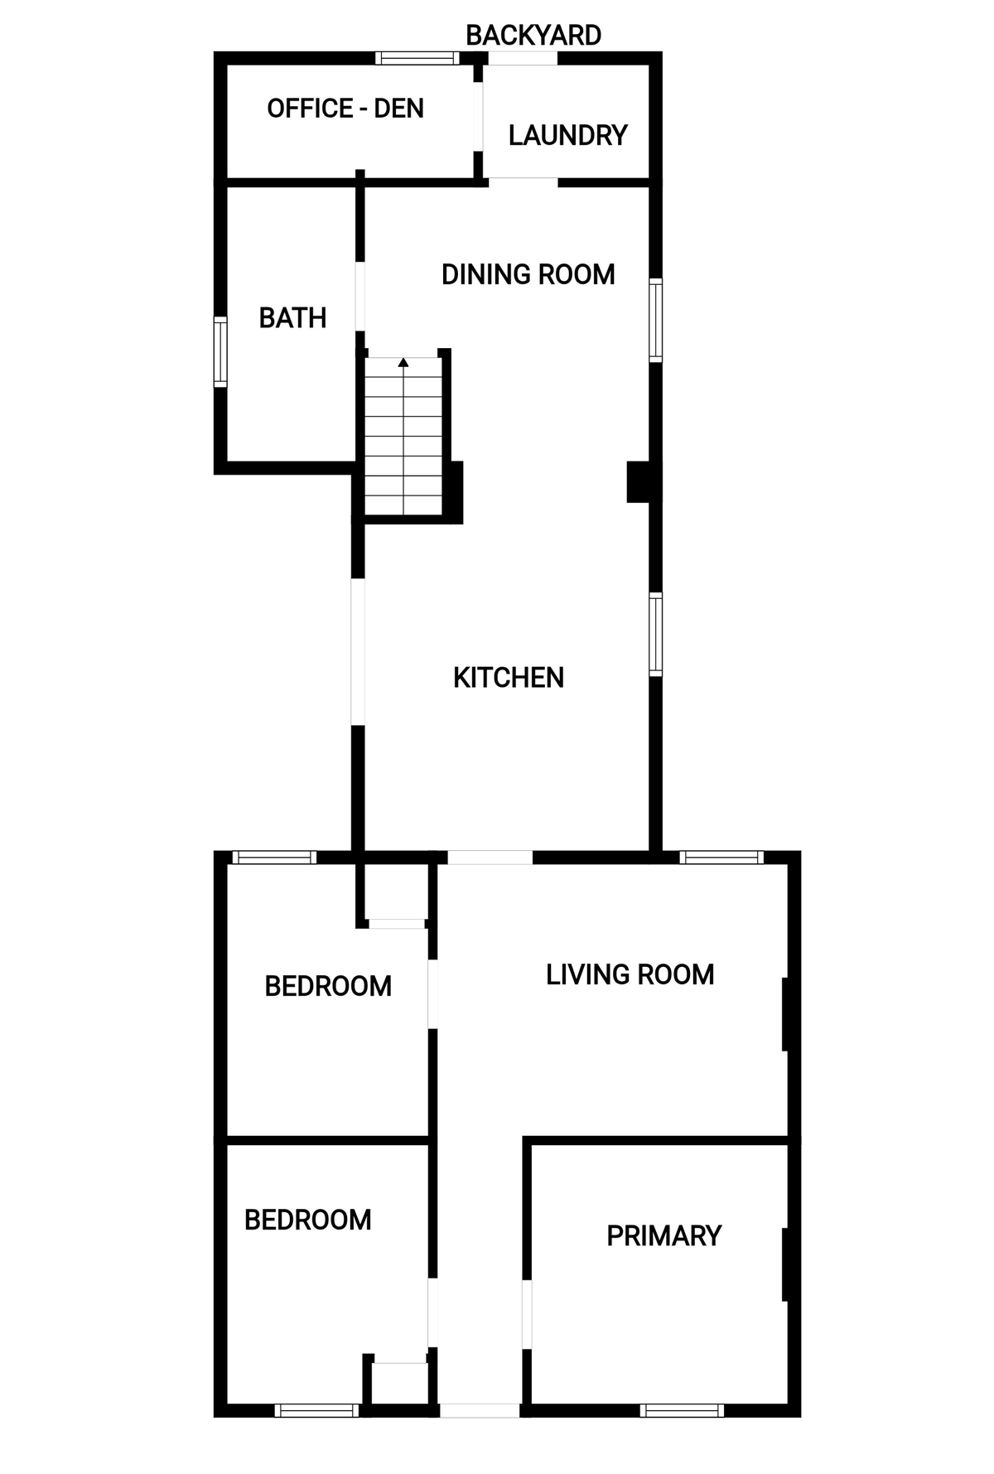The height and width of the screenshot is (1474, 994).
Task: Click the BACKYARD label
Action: [x=533, y=36]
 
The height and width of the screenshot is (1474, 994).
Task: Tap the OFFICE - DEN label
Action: [x=345, y=109]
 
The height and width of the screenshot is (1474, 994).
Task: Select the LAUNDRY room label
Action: [x=568, y=135]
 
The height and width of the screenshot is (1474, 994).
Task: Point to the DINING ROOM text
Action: [x=528, y=274]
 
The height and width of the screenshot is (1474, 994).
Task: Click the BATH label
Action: [x=292, y=318]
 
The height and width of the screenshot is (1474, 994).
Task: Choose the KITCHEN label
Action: [x=509, y=678]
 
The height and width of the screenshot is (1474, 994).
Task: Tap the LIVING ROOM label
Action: [x=630, y=974]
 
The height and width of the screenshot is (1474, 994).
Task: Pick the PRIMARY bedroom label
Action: [x=664, y=1236]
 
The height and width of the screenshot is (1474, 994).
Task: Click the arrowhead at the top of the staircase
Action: [x=403, y=362]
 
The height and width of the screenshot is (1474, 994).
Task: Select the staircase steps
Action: [x=403, y=437]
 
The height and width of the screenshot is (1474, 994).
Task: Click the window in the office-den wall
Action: [x=417, y=58]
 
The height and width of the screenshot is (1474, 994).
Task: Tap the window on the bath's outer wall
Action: [x=220, y=352]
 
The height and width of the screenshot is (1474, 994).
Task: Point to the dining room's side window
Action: [x=655, y=321]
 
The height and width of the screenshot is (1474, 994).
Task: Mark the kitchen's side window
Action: [x=655, y=635]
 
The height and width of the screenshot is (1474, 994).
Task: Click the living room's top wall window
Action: [x=721, y=858]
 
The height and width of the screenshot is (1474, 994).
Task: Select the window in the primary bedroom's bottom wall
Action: [x=683, y=1410]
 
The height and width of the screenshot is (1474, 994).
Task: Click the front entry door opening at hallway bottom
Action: [x=480, y=1410]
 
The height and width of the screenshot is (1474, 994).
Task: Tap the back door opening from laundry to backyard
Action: [x=522, y=58]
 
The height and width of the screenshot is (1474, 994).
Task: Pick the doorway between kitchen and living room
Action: [x=490, y=858]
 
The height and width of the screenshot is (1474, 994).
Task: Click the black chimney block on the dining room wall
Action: [x=639, y=481]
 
